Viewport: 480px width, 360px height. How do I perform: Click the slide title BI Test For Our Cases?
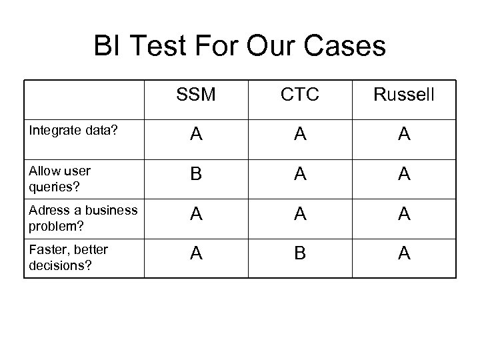(240, 47)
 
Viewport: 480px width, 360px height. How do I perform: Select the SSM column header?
(196, 95)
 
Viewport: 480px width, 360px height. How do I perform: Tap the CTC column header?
(300, 95)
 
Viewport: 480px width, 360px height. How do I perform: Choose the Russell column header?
(404, 95)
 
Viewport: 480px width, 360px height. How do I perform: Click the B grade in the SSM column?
(196, 175)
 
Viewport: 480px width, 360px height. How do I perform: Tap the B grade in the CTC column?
(300, 254)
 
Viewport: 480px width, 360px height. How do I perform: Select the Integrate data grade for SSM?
(196, 135)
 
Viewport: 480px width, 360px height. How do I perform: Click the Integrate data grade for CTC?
(300, 135)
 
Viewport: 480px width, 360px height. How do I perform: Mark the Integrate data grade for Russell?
(404, 135)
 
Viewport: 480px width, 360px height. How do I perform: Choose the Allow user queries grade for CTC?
(300, 175)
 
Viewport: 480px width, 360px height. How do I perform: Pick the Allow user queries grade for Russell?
(404, 175)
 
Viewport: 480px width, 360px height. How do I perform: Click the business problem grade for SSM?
(196, 215)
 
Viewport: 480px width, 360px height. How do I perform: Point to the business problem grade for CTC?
(300, 215)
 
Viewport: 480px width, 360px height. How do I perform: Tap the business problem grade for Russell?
(404, 215)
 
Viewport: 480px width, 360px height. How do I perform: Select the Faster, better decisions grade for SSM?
(196, 254)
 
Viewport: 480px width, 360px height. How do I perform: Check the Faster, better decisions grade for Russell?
(404, 254)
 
